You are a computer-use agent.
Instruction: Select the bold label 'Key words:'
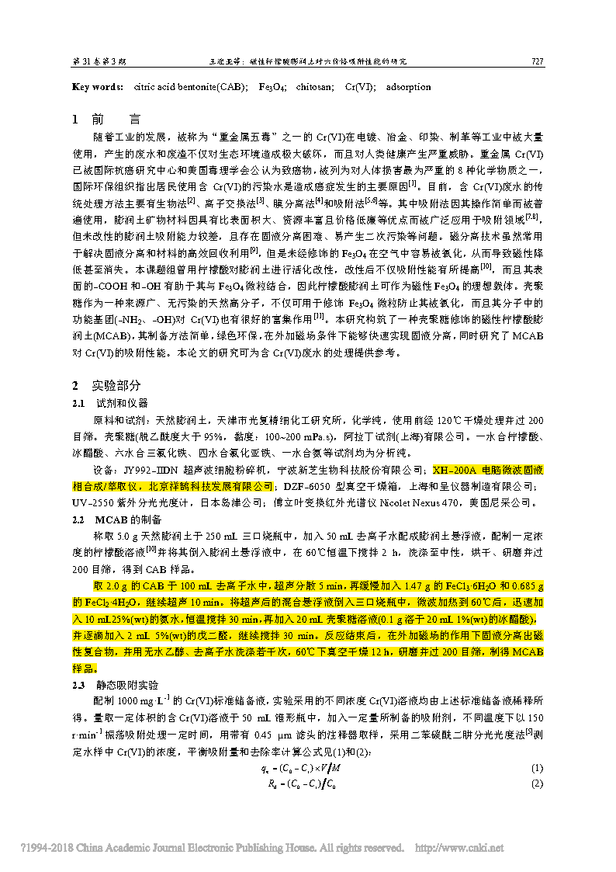pyautogui.click(x=97, y=87)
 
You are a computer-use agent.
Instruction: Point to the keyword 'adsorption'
pyautogui.click(x=408, y=87)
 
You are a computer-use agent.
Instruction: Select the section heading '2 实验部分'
pyautogui.click(x=106, y=385)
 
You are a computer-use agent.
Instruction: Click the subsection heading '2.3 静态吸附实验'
pyautogui.click(x=116, y=684)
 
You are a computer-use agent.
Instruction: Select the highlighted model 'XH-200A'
pyautogui.click(x=452, y=470)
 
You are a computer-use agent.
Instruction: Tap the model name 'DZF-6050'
pyautogui.click(x=303, y=485)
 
